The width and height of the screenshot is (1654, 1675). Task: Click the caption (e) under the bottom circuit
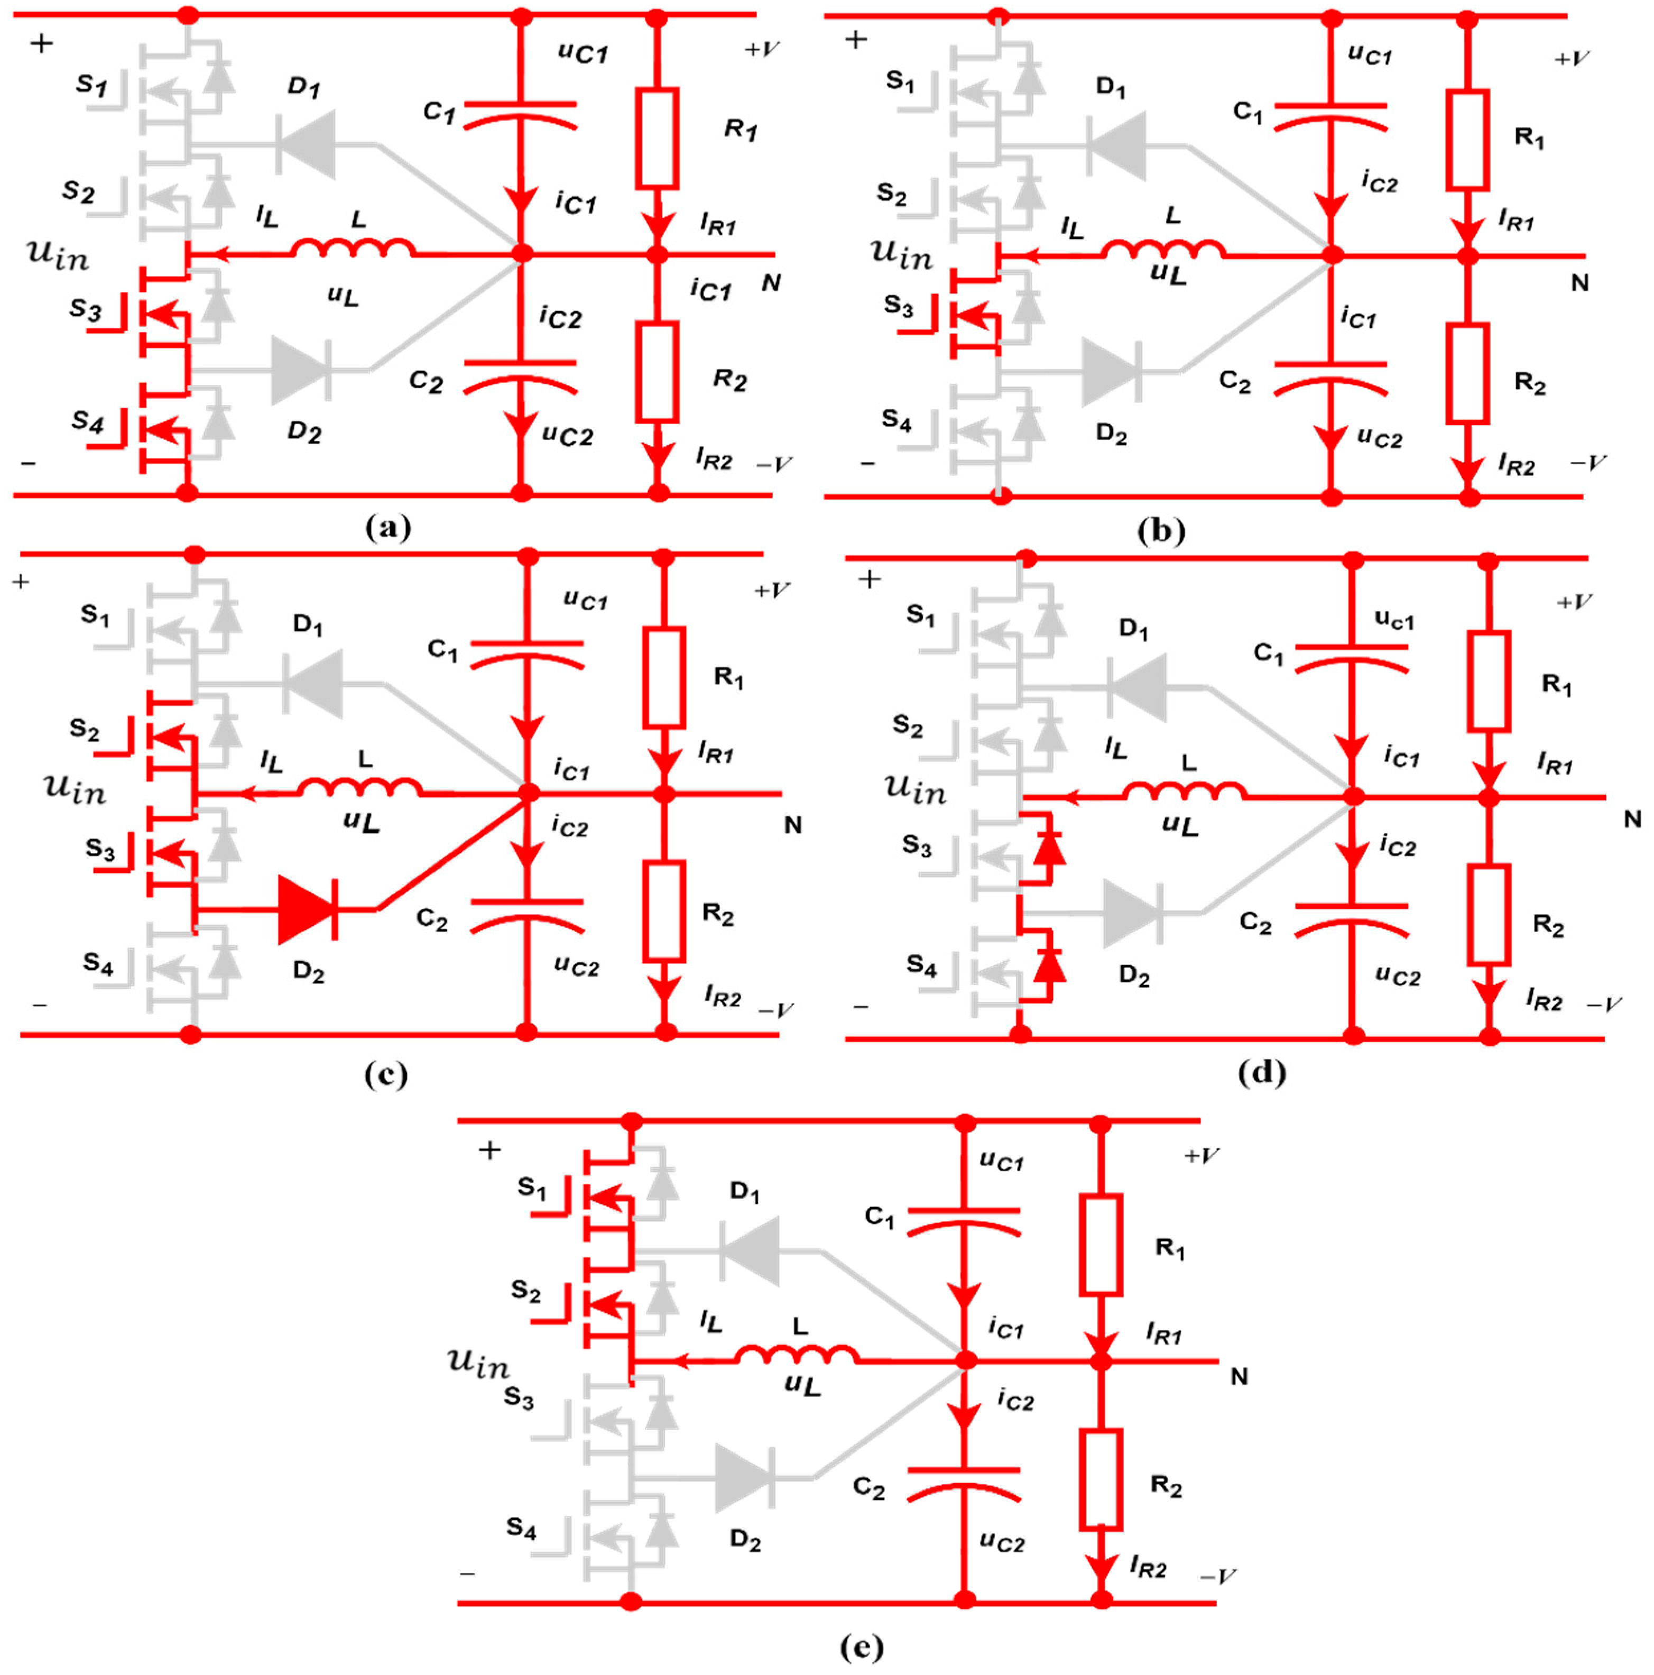[861, 1645]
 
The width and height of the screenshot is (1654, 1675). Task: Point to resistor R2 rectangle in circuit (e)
[1100, 1479]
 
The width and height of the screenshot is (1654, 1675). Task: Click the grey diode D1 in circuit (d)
[1138, 687]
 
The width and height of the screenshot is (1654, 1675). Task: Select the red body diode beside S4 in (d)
[1049, 963]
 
